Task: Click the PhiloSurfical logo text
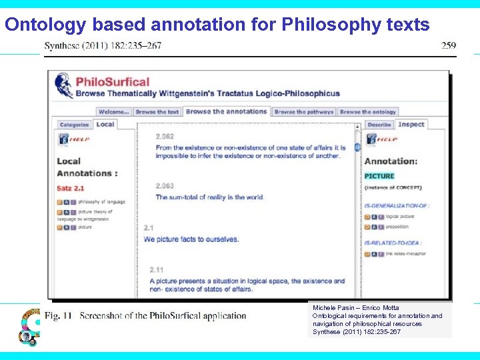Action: [x=113, y=82]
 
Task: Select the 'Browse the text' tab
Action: [x=157, y=112]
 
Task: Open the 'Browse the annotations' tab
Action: [x=226, y=112]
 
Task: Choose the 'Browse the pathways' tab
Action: [x=303, y=112]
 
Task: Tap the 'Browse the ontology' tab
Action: [x=367, y=112]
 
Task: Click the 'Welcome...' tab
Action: [x=114, y=112]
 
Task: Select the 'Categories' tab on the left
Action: [x=74, y=125]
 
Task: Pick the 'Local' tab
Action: [x=105, y=124]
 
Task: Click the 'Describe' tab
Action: [x=379, y=125]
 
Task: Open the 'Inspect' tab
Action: [x=411, y=124]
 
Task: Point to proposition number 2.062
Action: [x=165, y=137]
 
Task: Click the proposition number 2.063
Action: [x=165, y=186]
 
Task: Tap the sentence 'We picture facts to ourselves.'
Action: [x=191, y=239]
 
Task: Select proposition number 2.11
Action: [x=157, y=270]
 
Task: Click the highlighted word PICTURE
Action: [x=379, y=176]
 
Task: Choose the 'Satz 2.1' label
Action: [x=70, y=189]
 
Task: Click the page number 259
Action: [x=449, y=45]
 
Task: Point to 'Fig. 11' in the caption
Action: [x=58, y=315]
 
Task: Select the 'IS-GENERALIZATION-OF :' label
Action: [x=397, y=206]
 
